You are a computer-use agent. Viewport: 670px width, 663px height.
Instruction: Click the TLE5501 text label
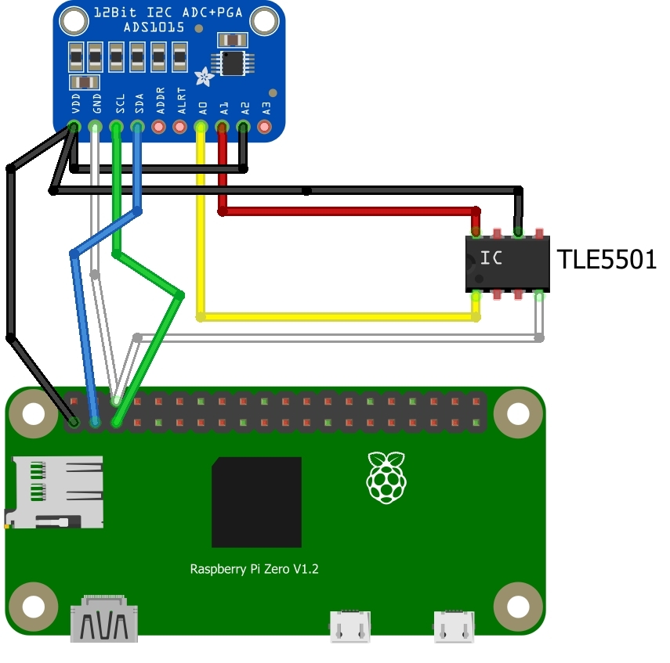click(606, 259)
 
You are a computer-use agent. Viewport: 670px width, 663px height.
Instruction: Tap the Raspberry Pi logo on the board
click(386, 477)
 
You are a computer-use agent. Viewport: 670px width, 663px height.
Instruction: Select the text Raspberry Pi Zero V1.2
click(255, 569)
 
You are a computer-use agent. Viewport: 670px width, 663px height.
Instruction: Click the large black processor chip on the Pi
click(256, 502)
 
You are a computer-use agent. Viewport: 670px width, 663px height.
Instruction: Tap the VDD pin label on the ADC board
click(75, 106)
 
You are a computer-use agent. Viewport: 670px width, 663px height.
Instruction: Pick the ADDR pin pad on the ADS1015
click(159, 125)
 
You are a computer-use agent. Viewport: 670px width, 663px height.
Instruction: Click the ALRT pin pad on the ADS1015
click(180, 125)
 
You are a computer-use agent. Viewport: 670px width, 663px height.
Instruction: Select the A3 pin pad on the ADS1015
click(265, 125)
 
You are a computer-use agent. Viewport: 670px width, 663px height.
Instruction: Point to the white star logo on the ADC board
click(204, 77)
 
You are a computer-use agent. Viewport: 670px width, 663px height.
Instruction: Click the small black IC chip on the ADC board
click(232, 63)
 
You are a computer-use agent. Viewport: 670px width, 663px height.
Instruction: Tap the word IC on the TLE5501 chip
click(491, 258)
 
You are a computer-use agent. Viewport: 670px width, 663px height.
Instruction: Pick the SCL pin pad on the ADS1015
click(117, 125)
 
